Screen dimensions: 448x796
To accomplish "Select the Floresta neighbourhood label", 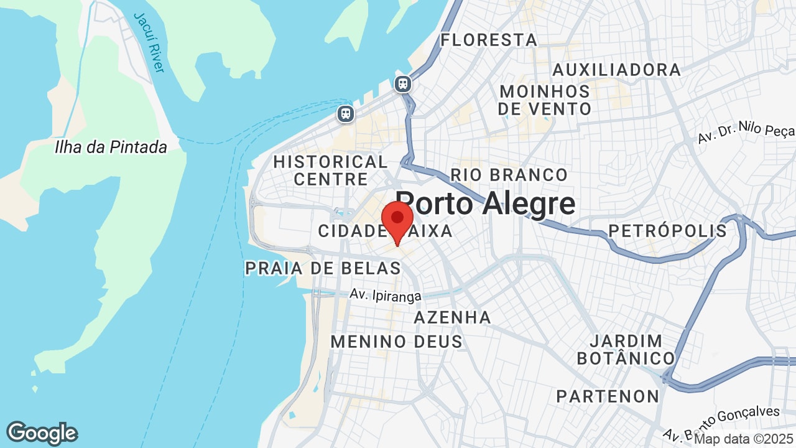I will coord(489,40).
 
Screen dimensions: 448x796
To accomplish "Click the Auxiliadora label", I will coord(616,70).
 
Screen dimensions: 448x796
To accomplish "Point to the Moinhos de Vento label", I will coord(545,100).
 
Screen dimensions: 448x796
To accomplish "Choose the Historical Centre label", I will coord(330,170).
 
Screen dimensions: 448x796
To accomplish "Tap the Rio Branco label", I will coord(509,175).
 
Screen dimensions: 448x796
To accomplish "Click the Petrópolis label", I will coord(667,231).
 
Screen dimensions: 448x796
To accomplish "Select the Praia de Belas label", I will coord(323,268).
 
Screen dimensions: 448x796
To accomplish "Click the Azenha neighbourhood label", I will coord(453,317).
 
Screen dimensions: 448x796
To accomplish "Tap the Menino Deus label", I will coord(396,342).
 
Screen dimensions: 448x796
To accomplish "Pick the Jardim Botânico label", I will coord(626,350).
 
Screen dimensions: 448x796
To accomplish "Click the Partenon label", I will coord(608,396).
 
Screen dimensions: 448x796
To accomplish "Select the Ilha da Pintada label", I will coord(111,147).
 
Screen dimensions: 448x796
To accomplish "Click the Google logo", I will coord(42,433).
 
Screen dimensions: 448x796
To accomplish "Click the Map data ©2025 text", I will coord(744,439).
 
